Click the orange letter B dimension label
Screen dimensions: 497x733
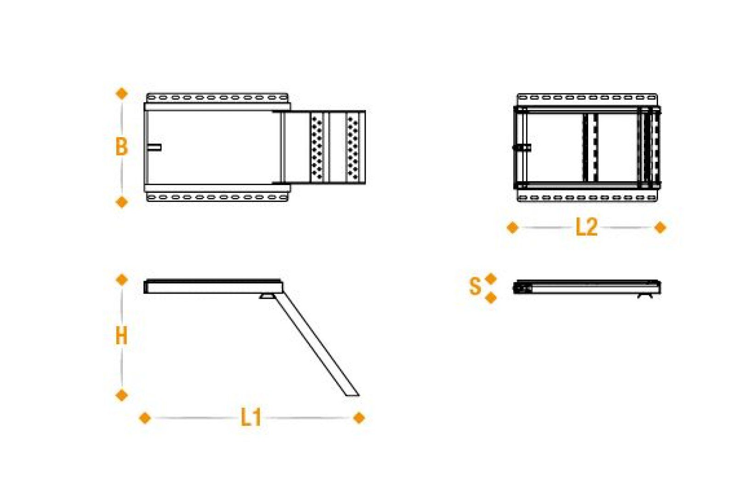point(121,147)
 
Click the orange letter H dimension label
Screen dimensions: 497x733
point(121,336)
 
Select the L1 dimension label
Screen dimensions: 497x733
point(251,418)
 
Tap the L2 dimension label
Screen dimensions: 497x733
point(586,227)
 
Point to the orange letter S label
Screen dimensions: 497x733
point(475,286)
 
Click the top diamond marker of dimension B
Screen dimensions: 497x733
point(122,93)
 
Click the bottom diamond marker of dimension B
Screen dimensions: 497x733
point(122,202)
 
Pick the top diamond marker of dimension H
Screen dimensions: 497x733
point(122,279)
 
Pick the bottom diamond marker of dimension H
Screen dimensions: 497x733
point(122,395)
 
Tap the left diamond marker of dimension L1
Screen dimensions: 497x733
point(145,418)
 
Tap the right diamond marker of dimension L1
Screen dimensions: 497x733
point(359,418)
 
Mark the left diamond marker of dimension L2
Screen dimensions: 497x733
point(512,227)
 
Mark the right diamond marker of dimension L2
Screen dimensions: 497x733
point(660,227)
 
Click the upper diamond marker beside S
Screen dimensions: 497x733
point(491,278)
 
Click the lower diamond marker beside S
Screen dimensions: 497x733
point(491,298)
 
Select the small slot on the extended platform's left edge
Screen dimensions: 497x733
point(155,147)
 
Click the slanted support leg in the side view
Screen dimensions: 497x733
point(317,345)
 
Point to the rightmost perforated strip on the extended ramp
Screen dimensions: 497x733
point(353,147)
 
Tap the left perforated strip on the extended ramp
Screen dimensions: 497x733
point(317,147)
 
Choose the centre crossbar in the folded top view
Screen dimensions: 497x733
point(591,147)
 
